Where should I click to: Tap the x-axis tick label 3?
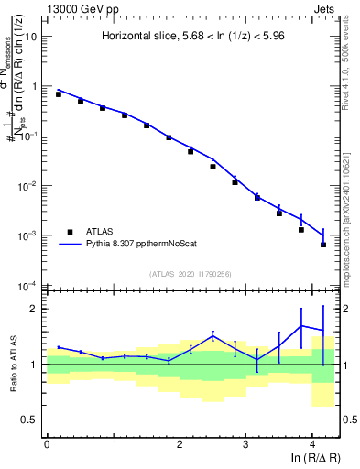pos(245,444)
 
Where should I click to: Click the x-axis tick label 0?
pos(47,444)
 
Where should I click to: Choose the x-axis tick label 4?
pos(312,444)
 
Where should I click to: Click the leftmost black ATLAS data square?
pos(59,94)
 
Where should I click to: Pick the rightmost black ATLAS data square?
pos(323,245)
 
